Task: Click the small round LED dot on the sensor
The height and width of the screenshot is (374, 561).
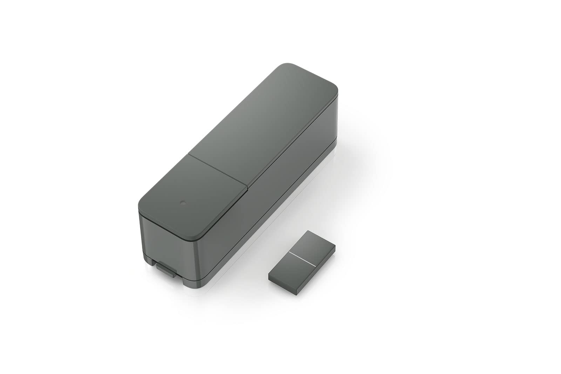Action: click(x=182, y=203)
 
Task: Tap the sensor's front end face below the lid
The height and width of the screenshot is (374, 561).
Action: click(x=168, y=242)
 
